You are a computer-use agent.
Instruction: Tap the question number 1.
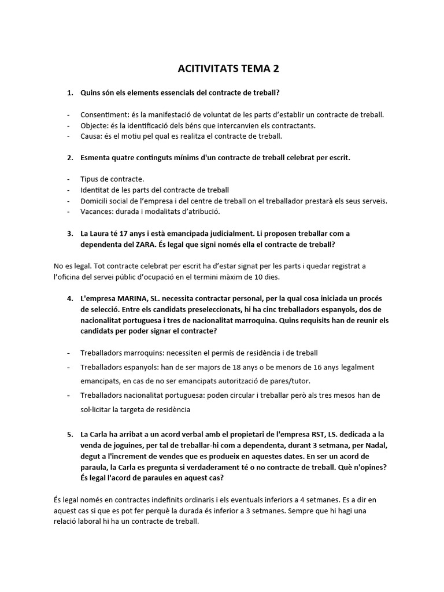tap(69, 92)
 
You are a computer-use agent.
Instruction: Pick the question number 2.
tap(69, 157)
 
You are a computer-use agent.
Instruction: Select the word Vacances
tap(97, 212)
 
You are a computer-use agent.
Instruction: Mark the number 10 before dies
tap(259, 277)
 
